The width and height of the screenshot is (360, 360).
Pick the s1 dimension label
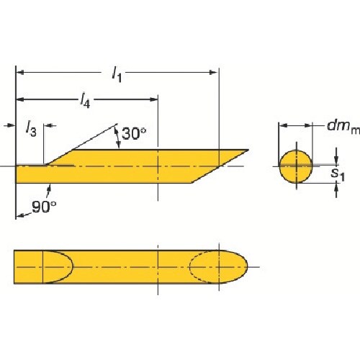coord(335,173)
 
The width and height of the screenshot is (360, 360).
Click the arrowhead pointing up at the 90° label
coord(49,186)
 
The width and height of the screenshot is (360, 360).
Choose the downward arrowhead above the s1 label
coord(336,161)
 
